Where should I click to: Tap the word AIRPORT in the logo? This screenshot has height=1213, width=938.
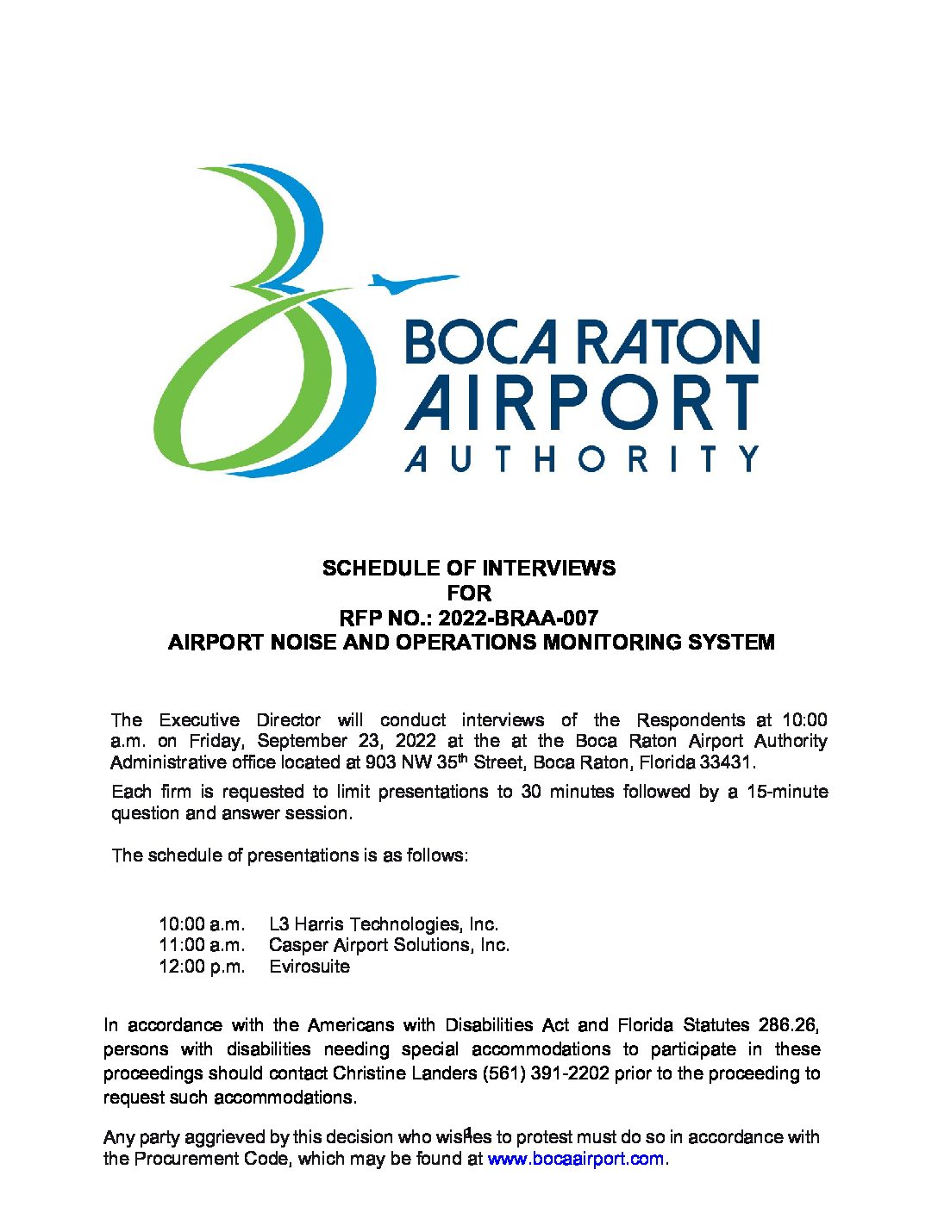pyautogui.click(x=582, y=402)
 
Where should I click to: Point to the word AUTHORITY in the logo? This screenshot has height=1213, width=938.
pyautogui.click(x=582, y=457)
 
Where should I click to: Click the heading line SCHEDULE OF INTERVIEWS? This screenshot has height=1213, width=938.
pyautogui.click(x=469, y=569)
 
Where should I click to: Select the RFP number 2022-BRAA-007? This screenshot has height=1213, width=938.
pyautogui.click(x=518, y=618)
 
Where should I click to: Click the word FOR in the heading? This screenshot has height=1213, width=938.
pyautogui.click(x=469, y=594)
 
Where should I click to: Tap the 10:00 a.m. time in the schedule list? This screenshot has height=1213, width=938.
pyautogui.click(x=202, y=924)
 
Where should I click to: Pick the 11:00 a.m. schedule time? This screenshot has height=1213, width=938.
pyautogui.click(x=202, y=945)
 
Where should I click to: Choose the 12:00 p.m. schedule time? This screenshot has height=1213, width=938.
pyautogui.click(x=202, y=967)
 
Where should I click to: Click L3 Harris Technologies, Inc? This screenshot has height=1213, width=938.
pyautogui.click(x=384, y=924)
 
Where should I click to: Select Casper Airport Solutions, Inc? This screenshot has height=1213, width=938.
pyautogui.click(x=389, y=945)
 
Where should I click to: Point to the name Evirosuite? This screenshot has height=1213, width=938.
pyautogui.click(x=310, y=967)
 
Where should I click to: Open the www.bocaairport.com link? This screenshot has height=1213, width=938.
pyautogui.click(x=576, y=1159)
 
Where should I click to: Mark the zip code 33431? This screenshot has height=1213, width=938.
pyautogui.click(x=727, y=762)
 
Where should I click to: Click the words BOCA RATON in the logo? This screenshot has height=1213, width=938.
pyautogui.click(x=582, y=342)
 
